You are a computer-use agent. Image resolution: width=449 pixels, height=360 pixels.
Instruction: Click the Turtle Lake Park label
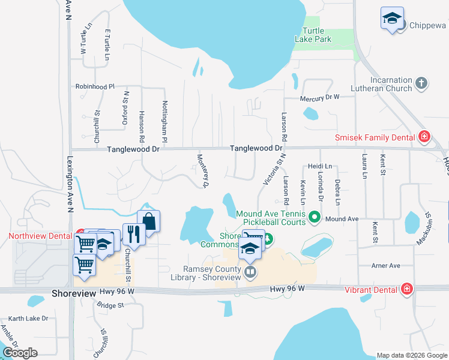click(x=313, y=35)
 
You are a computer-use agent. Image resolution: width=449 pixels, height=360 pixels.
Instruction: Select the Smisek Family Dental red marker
click(x=424, y=137)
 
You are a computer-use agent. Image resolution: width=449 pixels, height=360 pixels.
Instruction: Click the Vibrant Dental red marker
click(x=407, y=289)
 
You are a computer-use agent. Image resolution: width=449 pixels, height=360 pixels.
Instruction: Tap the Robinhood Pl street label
click(x=95, y=86)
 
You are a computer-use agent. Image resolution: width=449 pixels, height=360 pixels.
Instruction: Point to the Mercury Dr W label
click(x=320, y=97)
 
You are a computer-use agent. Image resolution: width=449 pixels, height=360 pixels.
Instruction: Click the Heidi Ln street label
click(x=320, y=166)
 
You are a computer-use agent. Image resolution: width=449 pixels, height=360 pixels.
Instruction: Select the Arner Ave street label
click(x=385, y=265)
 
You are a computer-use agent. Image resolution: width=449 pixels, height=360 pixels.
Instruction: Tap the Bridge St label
click(x=110, y=305)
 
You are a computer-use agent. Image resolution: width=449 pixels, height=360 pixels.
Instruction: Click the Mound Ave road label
click(x=342, y=220)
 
